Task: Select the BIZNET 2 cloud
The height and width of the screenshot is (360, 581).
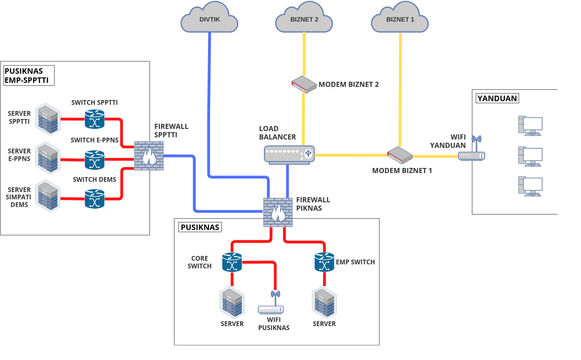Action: (304, 18)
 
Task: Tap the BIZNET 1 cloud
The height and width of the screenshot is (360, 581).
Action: (400, 18)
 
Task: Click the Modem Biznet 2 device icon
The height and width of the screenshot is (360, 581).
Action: (304, 84)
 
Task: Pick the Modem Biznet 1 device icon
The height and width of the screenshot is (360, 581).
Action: (400, 154)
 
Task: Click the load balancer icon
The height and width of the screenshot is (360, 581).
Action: (289, 154)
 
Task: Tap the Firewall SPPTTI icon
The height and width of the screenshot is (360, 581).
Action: (149, 154)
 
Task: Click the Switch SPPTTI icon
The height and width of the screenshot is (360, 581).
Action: (95, 119)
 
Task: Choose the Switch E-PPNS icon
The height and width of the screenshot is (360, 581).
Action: (95, 158)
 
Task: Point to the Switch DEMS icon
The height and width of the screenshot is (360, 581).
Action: (95, 197)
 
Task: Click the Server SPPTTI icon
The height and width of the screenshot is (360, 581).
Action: (47, 118)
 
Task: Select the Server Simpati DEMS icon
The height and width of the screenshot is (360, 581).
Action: (47, 196)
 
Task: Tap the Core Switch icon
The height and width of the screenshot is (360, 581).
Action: (233, 262)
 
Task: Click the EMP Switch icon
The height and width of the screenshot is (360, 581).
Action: (323, 262)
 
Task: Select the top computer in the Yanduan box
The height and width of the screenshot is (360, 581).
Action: (530, 125)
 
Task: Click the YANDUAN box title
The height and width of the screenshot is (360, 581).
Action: (497, 99)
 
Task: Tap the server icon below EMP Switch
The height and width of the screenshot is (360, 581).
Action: (323, 302)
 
